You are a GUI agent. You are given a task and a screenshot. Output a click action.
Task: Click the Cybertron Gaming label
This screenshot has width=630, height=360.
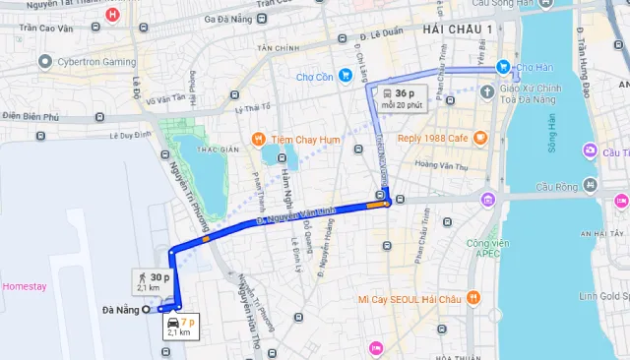[x=95, y=61]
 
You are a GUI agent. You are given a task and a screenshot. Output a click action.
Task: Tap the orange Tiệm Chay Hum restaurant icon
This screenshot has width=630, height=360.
[x=257, y=139]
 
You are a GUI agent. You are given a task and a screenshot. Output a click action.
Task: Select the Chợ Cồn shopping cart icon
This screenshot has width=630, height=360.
[x=346, y=76]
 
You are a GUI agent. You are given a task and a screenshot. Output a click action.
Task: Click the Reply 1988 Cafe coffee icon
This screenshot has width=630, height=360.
[x=479, y=138]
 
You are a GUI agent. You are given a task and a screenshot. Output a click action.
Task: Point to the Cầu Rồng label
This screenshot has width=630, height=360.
[x=558, y=186]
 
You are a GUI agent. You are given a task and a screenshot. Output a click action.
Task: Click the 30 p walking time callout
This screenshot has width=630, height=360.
[x=154, y=281]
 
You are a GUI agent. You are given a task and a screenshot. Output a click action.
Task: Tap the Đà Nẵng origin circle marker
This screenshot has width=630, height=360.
[x=147, y=310]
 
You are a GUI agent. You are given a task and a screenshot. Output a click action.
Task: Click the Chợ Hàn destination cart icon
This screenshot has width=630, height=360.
[x=503, y=67]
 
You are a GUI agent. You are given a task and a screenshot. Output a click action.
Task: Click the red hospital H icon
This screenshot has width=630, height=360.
[x=113, y=15]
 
